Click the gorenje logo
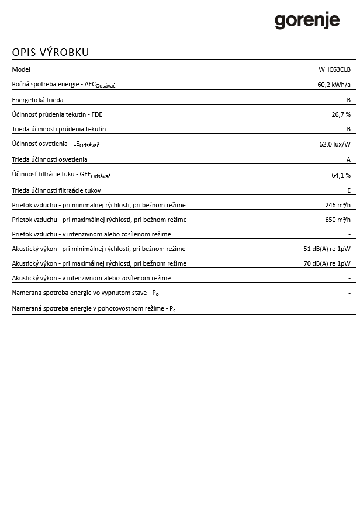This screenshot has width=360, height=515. tap(307, 21)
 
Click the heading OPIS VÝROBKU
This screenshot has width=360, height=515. tap(50, 53)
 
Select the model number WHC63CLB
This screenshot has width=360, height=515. tap(334, 69)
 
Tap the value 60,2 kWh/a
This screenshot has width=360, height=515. tap(334, 85)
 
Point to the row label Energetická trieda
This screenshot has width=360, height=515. tap(38, 100)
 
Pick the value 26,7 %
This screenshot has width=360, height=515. tap(341, 114)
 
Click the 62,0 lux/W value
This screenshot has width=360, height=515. tap(334, 144)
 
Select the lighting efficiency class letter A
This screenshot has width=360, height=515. tap(348, 159)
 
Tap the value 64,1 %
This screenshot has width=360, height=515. tap(341, 175)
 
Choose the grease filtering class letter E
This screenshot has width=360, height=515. tap(348, 190)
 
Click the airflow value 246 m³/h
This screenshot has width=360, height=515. tap(337, 205)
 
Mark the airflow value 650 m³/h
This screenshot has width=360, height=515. tap(337, 220)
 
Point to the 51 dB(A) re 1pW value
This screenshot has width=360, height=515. tap(327, 249)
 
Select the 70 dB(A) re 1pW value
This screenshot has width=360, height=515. tap(327, 263)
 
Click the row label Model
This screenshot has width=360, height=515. tap(21, 69)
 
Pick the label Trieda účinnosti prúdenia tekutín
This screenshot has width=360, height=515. tap(59, 129)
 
